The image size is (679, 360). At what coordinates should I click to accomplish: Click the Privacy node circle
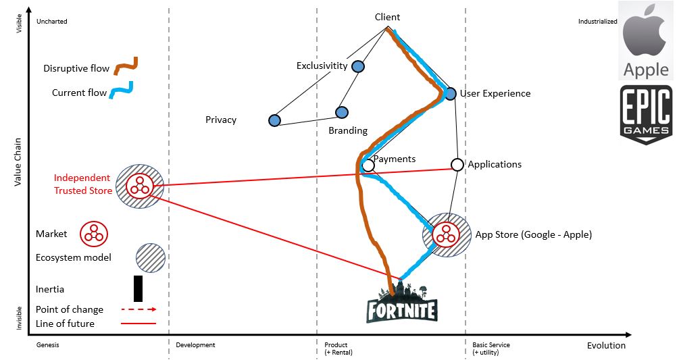(x=274, y=120)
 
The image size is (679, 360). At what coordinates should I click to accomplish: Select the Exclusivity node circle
(x=357, y=66)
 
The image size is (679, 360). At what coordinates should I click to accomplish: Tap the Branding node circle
(x=341, y=112)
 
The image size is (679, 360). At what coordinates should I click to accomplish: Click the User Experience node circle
(x=451, y=94)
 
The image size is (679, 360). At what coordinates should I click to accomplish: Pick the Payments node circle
(x=368, y=165)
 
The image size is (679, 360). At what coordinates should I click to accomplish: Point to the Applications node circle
(x=457, y=164)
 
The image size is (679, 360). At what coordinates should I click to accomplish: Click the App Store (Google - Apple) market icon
(x=446, y=234)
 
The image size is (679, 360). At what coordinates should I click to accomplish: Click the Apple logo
(x=646, y=41)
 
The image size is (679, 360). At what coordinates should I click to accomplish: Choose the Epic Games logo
(x=646, y=114)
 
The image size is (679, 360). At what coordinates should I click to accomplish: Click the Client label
(x=387, y=18)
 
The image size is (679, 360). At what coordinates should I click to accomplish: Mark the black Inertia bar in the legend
(x=138, y=288)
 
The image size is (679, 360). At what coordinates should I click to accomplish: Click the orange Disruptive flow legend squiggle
(x=126, y=66)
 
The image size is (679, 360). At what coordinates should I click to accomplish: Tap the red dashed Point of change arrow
(x=139, y=309)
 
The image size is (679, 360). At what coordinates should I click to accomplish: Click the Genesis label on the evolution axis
(x=48, y=345)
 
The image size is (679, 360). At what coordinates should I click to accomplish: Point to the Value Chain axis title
(x=18, y=161)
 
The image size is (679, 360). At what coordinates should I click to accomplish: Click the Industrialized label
(x=597, y=22)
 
